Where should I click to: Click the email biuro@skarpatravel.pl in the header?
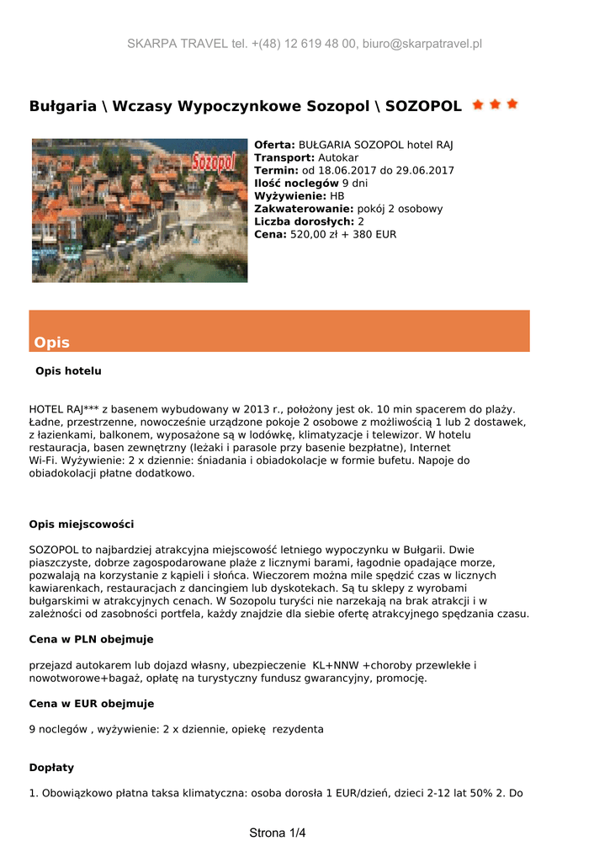tap(422, 44)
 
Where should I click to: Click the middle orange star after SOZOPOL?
tap(495, 105)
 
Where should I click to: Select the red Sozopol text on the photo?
tap(213, 161)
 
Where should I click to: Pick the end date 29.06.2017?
tap(424, 170)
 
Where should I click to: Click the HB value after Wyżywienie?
tap(337, 195)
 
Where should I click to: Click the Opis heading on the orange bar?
tap(52, 343)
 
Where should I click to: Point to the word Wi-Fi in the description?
tap(42, 460)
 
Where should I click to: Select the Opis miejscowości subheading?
tap(81, 524)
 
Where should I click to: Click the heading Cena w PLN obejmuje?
tap(91, 639)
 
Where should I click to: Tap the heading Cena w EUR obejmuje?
tap(91, 703)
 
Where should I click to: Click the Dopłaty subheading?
tap(51, 767)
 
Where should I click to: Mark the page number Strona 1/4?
tap(278, 833)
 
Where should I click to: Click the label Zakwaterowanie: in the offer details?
tap(304, 209)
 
